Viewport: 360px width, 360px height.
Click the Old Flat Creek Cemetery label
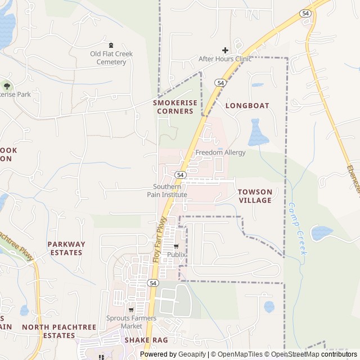111,58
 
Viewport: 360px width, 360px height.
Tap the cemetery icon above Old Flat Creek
111,45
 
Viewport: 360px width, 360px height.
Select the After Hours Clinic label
225,58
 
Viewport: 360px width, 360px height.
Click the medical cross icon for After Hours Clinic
226,50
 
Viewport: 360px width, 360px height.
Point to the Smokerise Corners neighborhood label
174,107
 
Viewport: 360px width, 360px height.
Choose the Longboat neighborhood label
247,105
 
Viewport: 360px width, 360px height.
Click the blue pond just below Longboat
256,133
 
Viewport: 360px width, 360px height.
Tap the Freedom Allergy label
220,152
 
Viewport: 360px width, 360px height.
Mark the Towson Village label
255,196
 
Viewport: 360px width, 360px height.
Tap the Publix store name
176,255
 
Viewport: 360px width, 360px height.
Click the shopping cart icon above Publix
176,246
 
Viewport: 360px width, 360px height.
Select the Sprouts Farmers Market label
132,322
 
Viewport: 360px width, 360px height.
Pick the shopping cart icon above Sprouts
132,309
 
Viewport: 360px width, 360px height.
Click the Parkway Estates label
66,248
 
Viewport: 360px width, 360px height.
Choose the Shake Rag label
146,340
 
